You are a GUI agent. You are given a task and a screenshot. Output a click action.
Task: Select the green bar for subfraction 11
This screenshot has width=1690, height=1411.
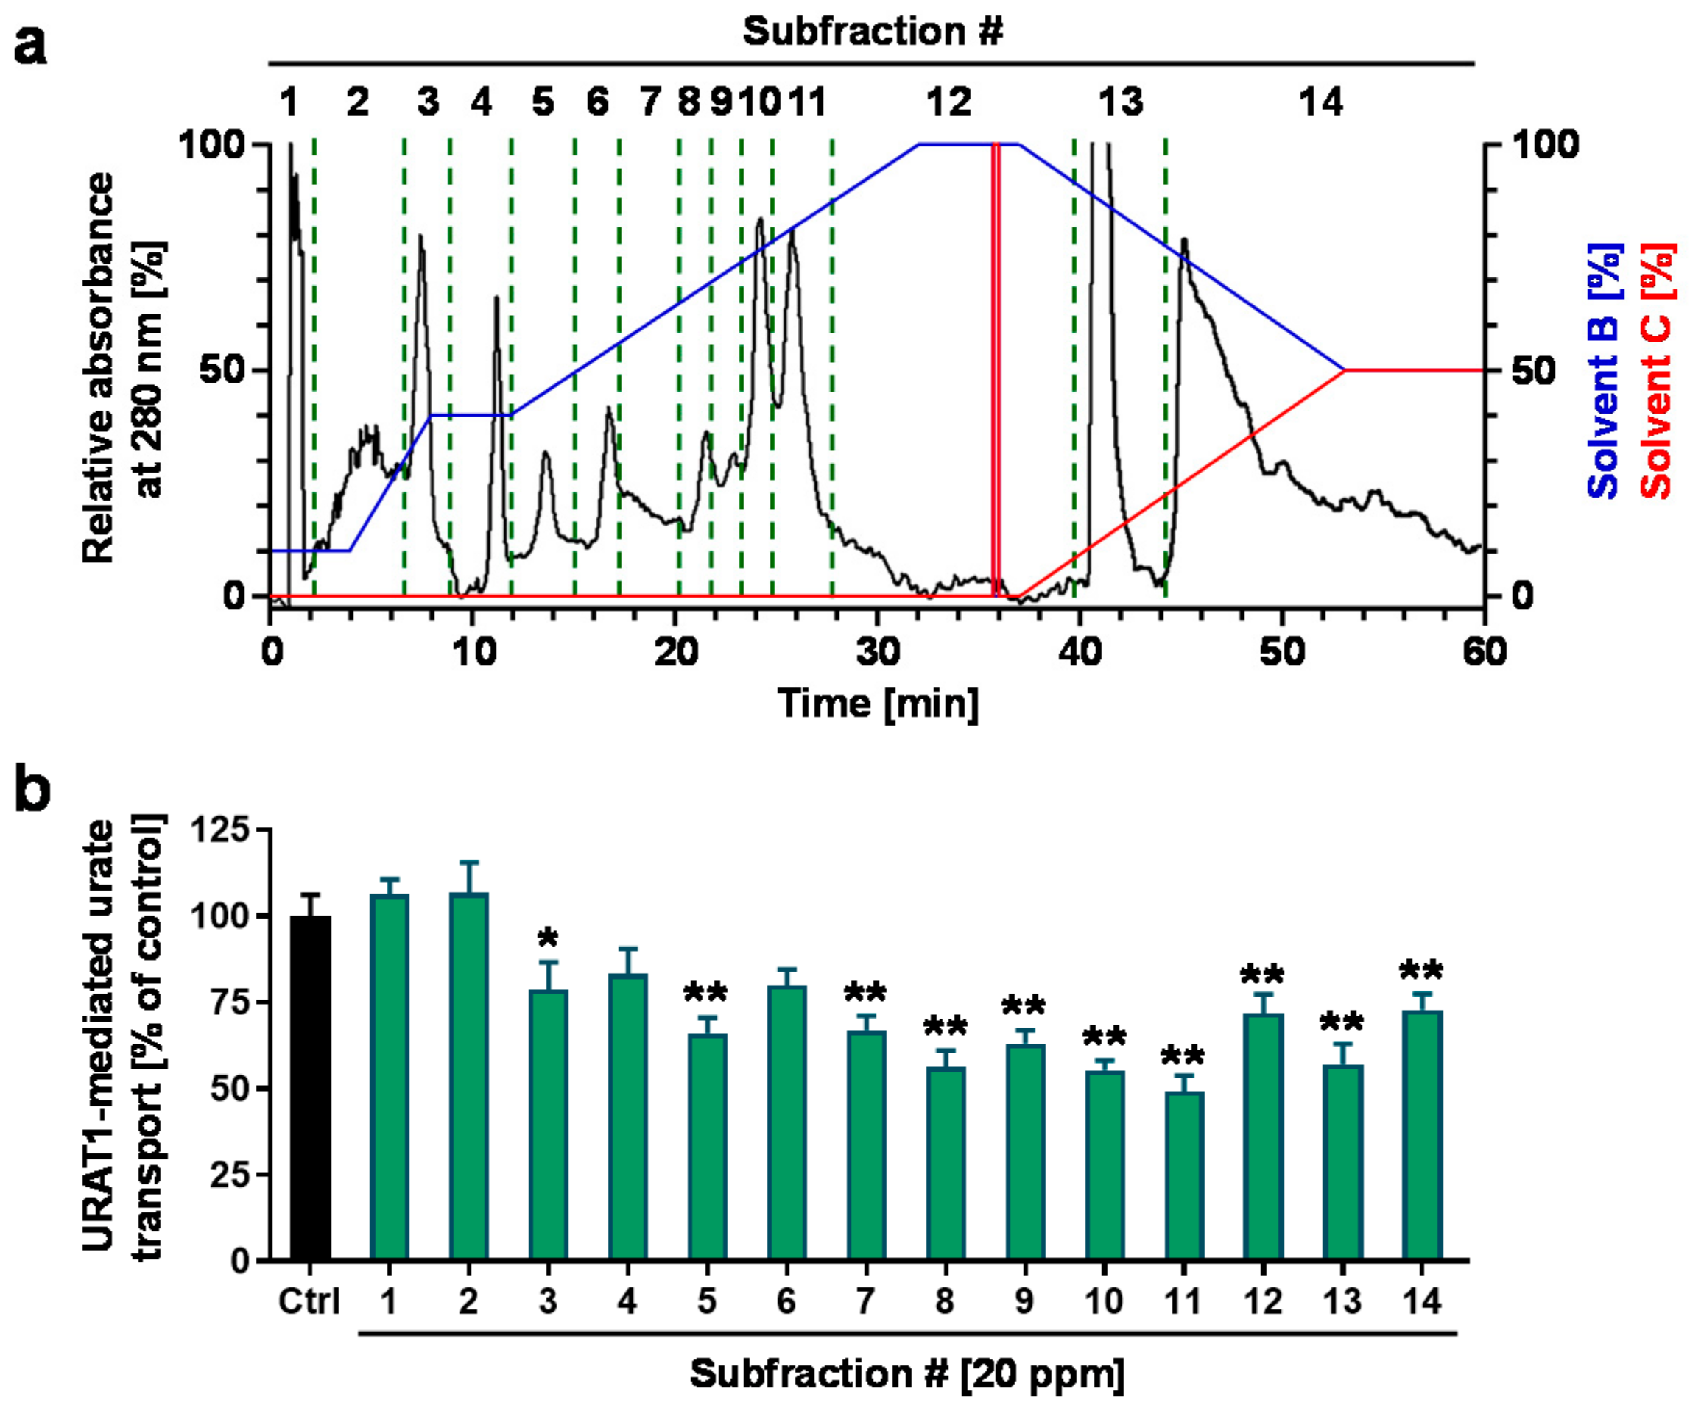tap(1184, 1175)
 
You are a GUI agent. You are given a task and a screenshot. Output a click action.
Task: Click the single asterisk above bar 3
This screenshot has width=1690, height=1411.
tap(548, 938)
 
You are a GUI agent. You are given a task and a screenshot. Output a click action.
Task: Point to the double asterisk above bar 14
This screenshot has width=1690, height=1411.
tap(1421, 971)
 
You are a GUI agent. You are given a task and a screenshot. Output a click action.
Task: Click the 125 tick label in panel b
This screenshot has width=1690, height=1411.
tap(219, 830)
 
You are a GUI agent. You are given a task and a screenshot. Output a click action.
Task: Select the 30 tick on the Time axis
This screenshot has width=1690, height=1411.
tap(877, 651)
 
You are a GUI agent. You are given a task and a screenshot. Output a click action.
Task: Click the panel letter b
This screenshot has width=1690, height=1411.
tap(32, 793)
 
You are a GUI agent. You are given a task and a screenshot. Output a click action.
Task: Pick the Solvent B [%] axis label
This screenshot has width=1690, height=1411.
tap(1603, 370)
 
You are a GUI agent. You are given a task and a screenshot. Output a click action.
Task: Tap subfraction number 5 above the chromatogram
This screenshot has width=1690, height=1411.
tap(543, 102)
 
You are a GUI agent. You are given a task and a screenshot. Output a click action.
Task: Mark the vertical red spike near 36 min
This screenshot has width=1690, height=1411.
tap(996, 370)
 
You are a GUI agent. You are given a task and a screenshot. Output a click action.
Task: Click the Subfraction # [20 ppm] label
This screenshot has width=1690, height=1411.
tap(907, 1373)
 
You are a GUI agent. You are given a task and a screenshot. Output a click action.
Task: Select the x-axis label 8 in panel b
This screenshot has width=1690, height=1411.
tap(945, 1301)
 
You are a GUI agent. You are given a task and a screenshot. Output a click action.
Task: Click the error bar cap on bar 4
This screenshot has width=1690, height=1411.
tap(627, 949)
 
